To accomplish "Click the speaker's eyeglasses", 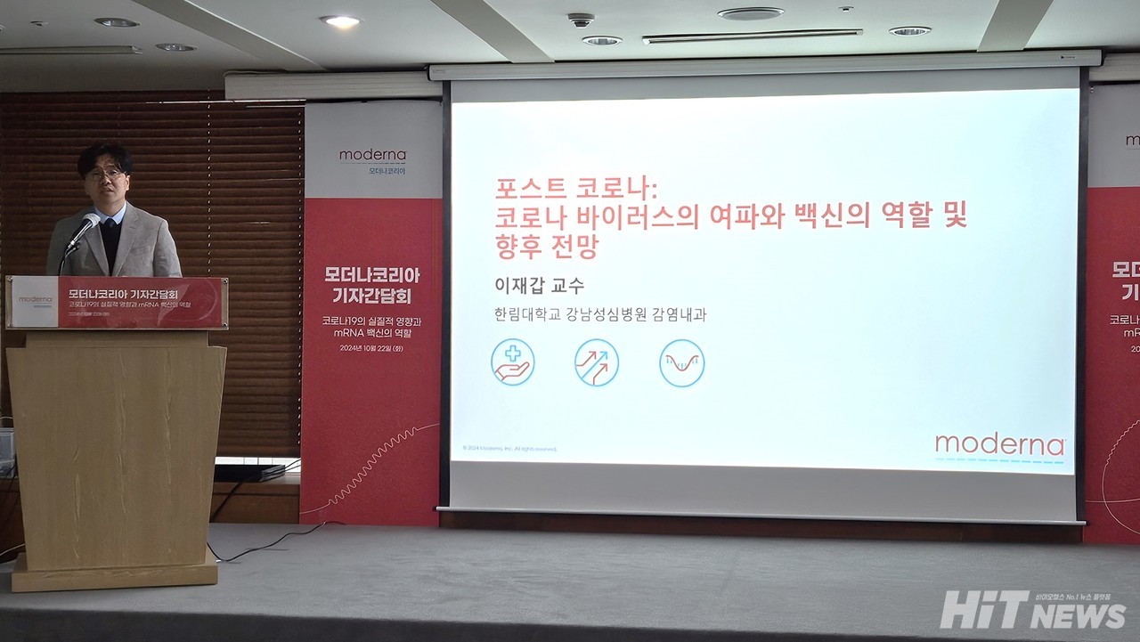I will [104, 174].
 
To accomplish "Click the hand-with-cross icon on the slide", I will [512, 362].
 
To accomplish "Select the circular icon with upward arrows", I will [597, 362].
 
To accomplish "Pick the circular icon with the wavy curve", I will [681, 362].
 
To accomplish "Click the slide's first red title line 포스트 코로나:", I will [576, 189].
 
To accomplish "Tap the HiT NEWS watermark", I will [1033, 611].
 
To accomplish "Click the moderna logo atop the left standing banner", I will [372, 156].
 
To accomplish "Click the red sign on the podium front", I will [117, 302].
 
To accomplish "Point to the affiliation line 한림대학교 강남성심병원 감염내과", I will [600, 314].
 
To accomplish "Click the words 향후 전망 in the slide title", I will [547, 246].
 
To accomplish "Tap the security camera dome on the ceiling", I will [581, 20].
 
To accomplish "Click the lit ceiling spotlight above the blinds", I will [340, 20].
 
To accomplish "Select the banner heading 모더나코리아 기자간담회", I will [372, 284].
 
